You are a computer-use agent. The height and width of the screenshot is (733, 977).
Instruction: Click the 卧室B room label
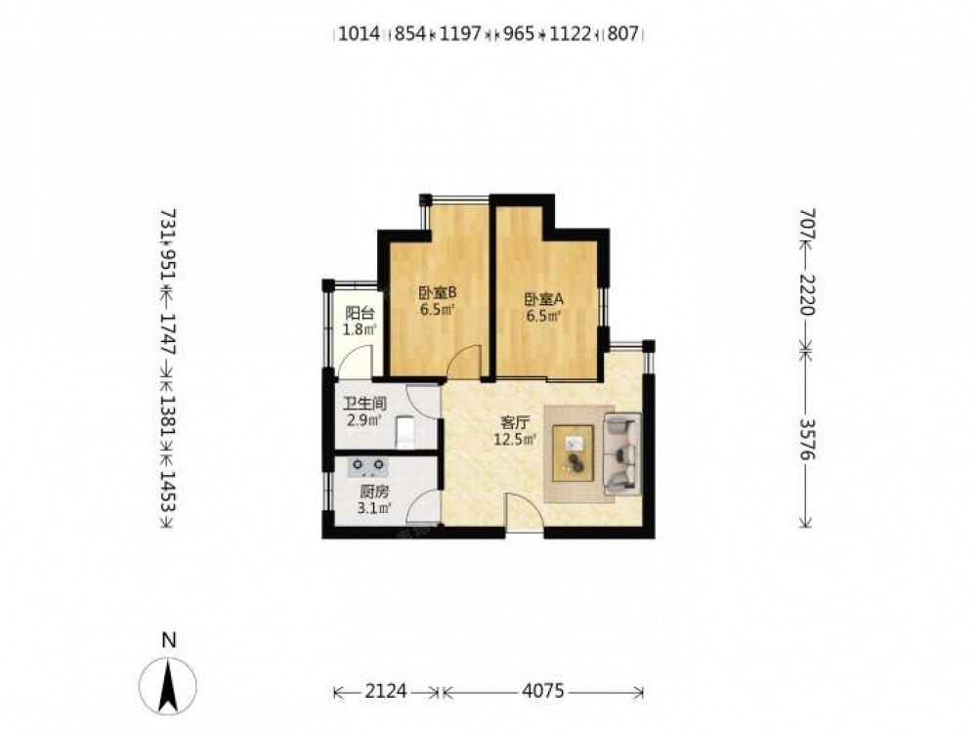[438, 291]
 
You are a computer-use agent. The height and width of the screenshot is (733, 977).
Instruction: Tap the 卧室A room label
[544, 299]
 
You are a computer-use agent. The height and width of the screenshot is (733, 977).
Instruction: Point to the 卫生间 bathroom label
[364, 404]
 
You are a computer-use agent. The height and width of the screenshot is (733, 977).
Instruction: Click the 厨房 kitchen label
[374, 492]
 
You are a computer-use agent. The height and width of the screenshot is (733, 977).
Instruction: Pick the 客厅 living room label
[515, 424]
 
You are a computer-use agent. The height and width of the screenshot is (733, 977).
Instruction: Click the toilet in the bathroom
[406, 432]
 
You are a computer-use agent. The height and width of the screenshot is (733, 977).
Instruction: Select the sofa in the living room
[621, 453]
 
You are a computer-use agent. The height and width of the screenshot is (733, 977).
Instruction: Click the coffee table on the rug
[573, 453]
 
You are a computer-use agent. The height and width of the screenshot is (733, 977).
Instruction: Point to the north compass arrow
[168, 686]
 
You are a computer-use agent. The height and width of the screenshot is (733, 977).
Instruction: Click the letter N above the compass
[168, 640]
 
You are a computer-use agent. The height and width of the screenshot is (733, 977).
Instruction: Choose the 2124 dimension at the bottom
[386, 691]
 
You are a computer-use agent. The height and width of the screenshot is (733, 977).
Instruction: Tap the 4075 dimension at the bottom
[543, 691]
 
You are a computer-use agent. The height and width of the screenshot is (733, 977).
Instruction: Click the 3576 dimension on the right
[807, 440]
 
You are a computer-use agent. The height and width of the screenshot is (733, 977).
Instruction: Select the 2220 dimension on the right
[807, 294]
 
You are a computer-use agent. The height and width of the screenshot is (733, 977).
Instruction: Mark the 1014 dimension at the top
[359, 33]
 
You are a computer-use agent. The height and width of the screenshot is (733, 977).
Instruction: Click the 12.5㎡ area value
[515, 440]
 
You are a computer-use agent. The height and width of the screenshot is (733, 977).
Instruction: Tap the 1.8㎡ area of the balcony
[361, 329]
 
